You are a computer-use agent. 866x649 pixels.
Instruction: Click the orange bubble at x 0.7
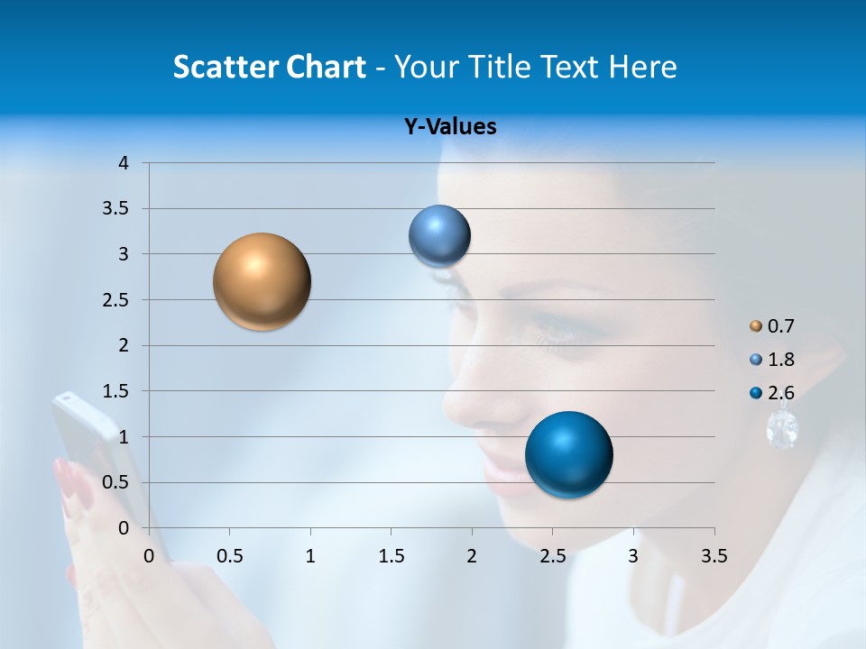[263, 281]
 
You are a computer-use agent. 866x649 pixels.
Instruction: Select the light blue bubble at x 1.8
[439, 236]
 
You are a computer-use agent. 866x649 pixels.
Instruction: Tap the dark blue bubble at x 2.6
[568, 454]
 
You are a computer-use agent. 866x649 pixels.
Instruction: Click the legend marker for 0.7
[756, 325]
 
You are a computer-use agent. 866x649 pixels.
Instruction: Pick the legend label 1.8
[780, 360]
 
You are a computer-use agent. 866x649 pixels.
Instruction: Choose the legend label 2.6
[780, 393]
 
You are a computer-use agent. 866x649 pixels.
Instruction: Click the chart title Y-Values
[449, 127]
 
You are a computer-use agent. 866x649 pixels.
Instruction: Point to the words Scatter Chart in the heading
[269, 67]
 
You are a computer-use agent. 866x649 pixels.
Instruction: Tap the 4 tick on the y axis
[124, 163]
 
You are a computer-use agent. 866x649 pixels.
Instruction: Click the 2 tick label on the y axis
[124, 345]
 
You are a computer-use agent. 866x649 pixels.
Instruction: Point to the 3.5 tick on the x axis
[714, 556]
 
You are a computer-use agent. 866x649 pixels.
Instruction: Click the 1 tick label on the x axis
[310, 556]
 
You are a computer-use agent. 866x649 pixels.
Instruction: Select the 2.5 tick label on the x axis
[552, 556]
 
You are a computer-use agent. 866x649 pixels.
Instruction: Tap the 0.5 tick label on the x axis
[229, 556]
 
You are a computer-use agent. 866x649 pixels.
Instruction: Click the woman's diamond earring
[781, 428]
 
